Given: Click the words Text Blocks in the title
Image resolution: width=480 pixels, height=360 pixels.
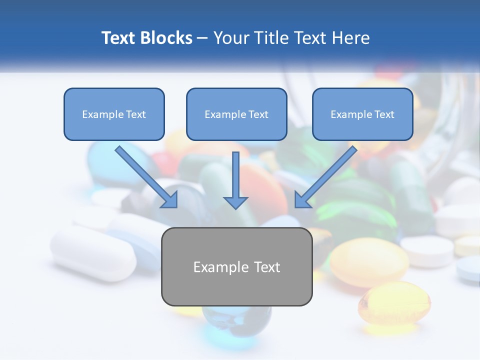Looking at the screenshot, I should tap(146, 38).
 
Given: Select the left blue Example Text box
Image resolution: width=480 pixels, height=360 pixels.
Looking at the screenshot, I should tap(114, 114).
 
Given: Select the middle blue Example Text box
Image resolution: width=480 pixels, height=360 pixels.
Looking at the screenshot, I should tap(236, 114).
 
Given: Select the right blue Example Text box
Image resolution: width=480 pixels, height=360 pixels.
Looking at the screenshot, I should tap(362, 114).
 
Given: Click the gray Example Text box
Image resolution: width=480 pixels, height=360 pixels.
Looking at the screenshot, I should tap(236, 266).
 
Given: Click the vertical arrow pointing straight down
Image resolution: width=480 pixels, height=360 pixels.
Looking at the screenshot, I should tap(235, 177).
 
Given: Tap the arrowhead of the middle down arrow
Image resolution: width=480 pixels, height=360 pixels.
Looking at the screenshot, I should tap(235, 201).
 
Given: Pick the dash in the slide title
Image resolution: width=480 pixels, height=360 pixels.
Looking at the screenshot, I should tap(202, 38).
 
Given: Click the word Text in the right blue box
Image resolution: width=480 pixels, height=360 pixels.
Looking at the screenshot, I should tap(384, 114).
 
